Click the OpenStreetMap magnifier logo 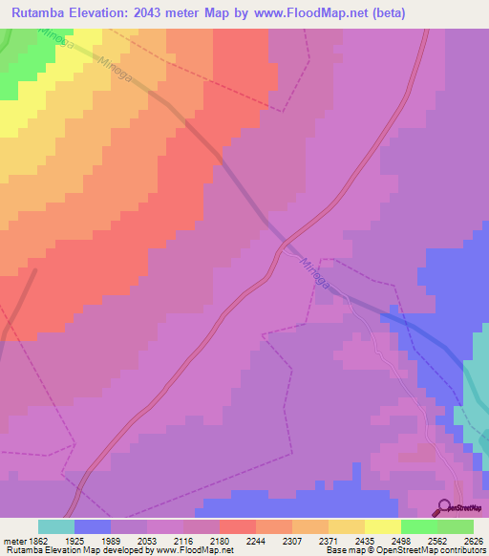point(444,510)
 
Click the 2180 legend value point(219,540)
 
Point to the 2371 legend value point(328,540)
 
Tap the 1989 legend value point(110,540)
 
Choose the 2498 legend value point(400,540)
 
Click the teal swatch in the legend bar point(55,526)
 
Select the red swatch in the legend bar point(237,526)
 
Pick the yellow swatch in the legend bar point(382,526)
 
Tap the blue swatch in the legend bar point(92,526)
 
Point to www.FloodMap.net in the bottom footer point(196,550)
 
